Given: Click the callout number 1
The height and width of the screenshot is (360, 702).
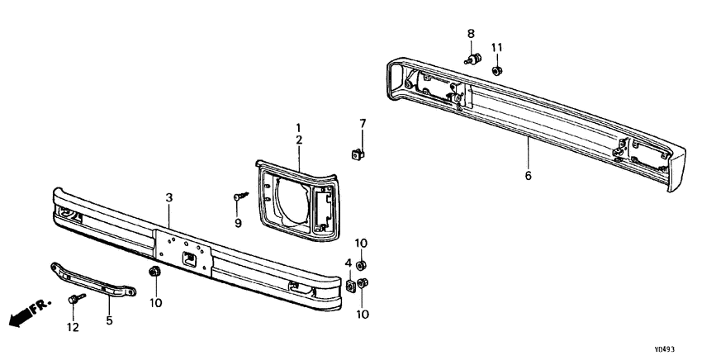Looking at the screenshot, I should click(x=299, y=127).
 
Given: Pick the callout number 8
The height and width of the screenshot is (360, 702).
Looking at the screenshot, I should click(x=471, y=34).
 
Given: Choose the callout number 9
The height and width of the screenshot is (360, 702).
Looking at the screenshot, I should click(x=239, y=223).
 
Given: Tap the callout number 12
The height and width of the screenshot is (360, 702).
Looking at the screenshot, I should click(x=73, y=328).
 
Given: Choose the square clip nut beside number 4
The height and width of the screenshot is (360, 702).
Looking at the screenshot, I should click(x=350, y=285).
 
